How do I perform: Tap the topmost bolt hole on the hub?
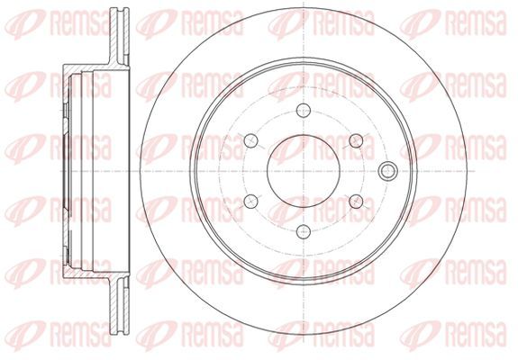[x=304, y=110]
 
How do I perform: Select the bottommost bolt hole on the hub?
[x=304, y=232]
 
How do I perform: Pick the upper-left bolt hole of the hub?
[x=250, y=141]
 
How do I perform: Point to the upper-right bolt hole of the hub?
[x=356, y=141]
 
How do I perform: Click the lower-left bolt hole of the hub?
[x=250, y=202]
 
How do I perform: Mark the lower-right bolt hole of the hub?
[x=356, y=202]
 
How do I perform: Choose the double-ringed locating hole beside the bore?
[x=388, y=171]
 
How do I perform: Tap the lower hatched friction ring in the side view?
[x=119, y=306]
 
